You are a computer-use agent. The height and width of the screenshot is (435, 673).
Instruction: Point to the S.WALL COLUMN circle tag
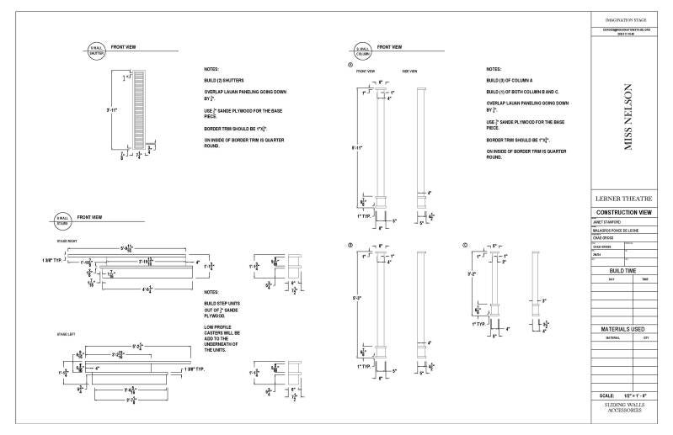point(363,50)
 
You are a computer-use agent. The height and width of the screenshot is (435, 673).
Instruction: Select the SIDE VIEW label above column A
point(409,72)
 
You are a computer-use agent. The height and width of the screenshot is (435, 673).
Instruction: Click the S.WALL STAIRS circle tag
point(61,221)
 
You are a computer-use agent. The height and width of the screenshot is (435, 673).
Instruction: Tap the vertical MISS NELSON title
point(628,116)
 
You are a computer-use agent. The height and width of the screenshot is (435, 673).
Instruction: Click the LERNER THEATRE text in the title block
point(628,198)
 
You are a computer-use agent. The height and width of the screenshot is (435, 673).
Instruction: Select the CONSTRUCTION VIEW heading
point(628,212)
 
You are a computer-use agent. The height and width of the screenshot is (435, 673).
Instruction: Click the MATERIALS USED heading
point(628,328)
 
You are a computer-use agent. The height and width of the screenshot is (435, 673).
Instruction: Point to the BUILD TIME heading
point(628,270)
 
